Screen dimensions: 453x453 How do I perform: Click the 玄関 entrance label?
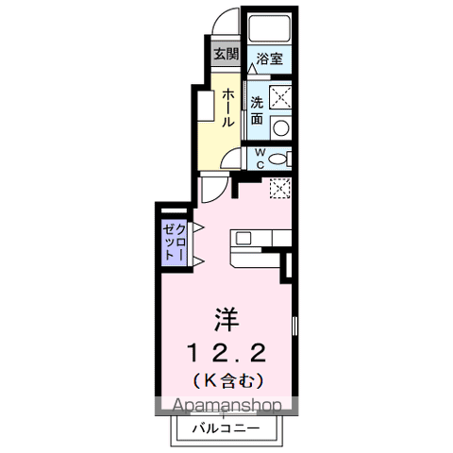click(225, 55)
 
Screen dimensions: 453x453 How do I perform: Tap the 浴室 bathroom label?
click(269, 59)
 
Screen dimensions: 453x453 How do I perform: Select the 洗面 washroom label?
click(256, 110)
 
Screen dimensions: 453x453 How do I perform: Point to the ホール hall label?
click(228, 109)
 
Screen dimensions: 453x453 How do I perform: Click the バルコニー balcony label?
click(227, 429)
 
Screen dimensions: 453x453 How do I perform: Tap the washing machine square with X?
click(280, 95)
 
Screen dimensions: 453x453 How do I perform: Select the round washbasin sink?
click(280, 126)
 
